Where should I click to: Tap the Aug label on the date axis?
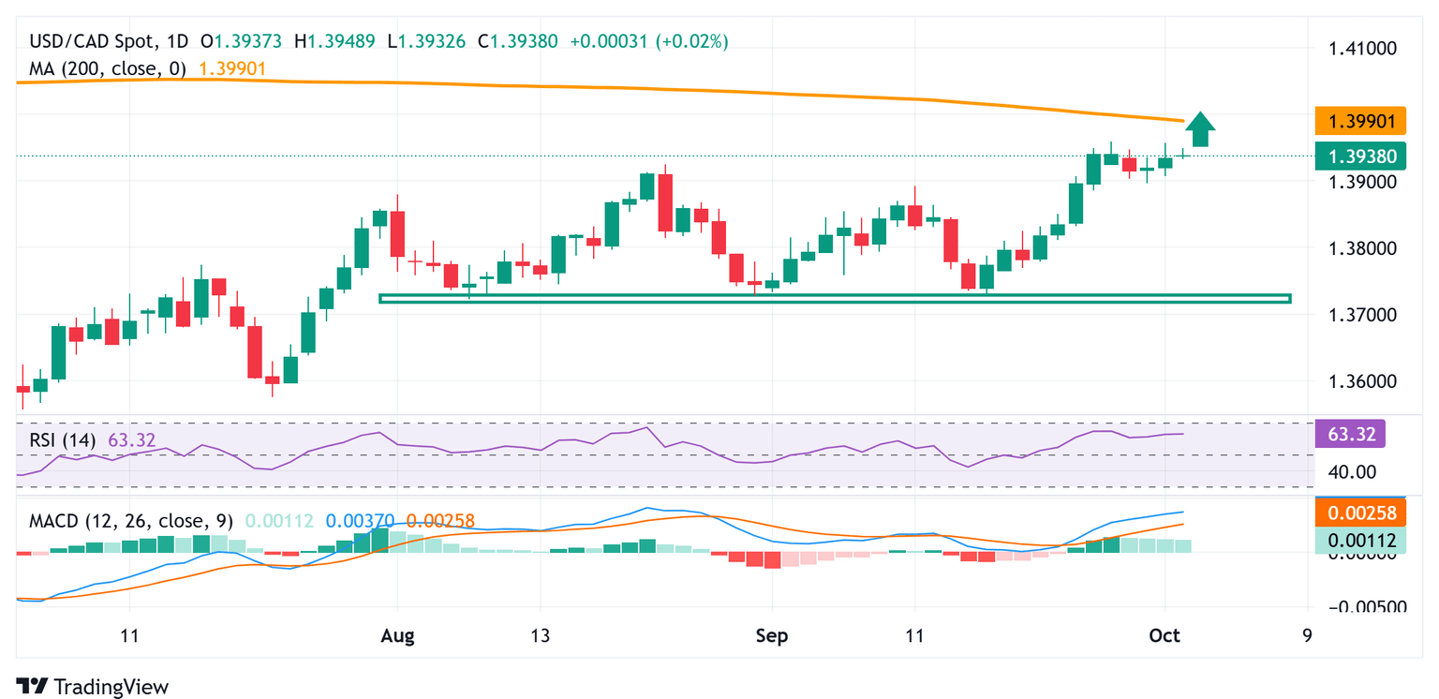coord(397,636)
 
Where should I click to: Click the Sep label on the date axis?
coord(772,636)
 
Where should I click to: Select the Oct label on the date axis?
coord(1165,636)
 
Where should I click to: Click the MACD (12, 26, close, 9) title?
coord(131,520)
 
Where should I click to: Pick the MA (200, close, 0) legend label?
coord(108,68)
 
